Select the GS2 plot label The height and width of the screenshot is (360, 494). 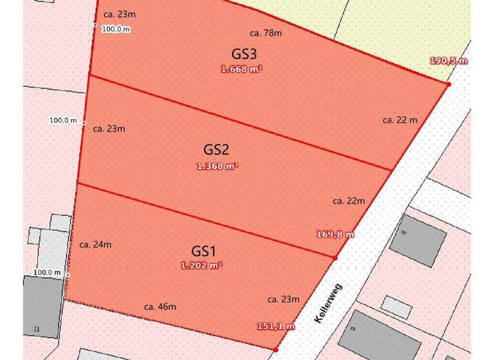217,150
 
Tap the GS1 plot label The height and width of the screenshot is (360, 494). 205,251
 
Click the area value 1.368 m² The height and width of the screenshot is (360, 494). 217,166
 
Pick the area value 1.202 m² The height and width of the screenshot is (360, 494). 201,265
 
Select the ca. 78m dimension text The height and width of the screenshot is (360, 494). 266,33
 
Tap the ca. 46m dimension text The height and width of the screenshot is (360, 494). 160,307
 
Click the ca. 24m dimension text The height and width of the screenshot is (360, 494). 95,244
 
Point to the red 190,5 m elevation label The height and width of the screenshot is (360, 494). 448,61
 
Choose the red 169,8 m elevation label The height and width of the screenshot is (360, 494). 335,235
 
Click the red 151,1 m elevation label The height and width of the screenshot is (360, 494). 276,327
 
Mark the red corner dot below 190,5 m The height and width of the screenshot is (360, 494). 448,84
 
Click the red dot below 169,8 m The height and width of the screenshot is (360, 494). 335,258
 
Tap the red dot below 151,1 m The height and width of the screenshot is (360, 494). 276,349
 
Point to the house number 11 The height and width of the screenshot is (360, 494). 36,330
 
